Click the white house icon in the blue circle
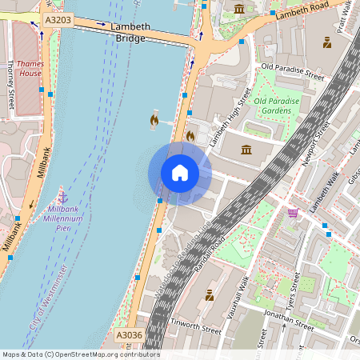coord(180,172)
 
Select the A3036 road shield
coord(129,335)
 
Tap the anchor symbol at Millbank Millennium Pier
coord(62,195)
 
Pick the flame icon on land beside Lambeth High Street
coord(190,136)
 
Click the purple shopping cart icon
coord(294,213)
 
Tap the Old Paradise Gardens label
coord(277,106)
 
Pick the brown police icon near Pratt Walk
coord(327,42)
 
